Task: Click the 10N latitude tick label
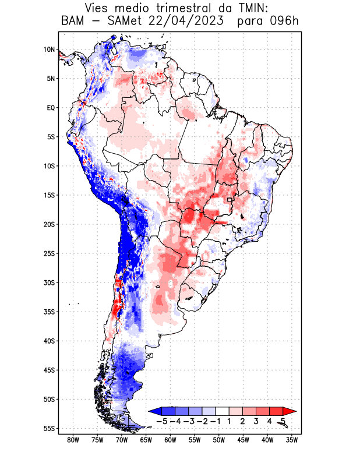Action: pos(49,50)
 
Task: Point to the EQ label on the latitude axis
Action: pos(50,108)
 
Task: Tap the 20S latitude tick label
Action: pos(49,224)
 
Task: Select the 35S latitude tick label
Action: pos(49,312)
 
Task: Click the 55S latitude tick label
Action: pos(49,428)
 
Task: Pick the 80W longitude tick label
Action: pos(73,440)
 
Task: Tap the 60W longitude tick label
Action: pos(170,440)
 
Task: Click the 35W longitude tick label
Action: pos(292,440)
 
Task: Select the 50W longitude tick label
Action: pos(218,440)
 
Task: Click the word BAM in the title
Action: pos(73,22)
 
